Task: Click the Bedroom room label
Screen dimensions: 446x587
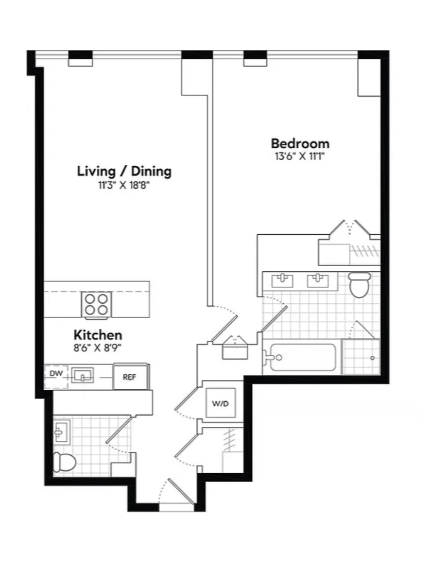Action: click(x=300, y=143)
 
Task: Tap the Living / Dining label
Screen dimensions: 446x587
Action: click(x=124, y=171)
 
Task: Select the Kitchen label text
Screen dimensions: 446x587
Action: click(x=98, y=334)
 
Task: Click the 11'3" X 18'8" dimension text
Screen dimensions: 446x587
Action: click(x=124, y=185)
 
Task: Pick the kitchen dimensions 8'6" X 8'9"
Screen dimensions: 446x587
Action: click(x=97, y=348)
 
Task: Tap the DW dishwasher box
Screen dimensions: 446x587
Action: click(x=56, y=376)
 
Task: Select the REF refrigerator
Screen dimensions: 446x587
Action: click(x=130, y=376)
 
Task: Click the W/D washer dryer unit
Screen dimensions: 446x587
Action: click(x=220, y=403)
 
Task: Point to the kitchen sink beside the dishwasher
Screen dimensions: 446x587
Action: click(x=83, y=375)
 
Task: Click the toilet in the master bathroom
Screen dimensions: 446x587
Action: click(x=359, y=285)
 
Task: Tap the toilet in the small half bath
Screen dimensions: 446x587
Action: click(x=64, y=461)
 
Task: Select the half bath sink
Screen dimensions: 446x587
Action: click(x=61, y=432)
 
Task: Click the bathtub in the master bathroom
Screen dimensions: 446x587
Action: click(x=301, y=357)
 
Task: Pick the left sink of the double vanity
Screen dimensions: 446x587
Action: click(x=282, y=280)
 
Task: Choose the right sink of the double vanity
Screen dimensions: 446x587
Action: click(x=318, y=280)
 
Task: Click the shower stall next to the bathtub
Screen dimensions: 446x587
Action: click(x=361, y=357)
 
